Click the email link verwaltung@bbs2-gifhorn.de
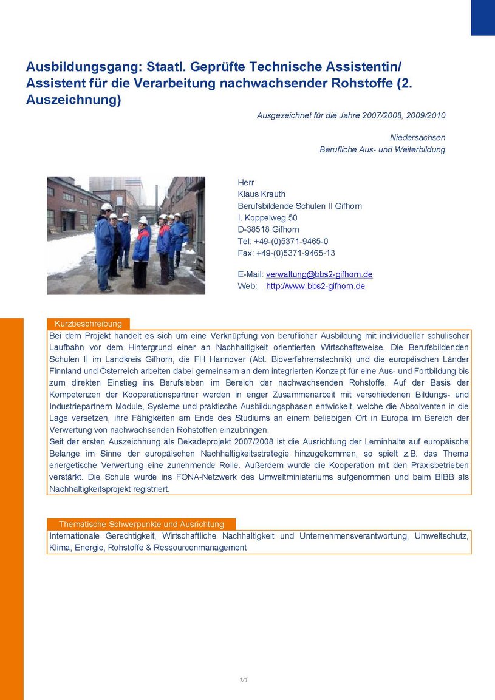pos(319,274)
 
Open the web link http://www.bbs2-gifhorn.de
pos(315,286)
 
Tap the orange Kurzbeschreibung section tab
pos(89,324)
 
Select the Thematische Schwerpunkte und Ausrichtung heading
pos(141,524)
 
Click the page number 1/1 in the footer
pos(244,679)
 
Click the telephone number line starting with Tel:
pos(283,241)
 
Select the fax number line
pos(286,253)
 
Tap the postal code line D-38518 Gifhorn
pos(268,229)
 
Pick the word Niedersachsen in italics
pos(417,138)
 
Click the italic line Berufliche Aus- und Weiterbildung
pos(382,149)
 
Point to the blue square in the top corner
pos(483,17)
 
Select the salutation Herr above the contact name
pos(246,183)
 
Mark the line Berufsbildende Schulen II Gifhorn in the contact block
pos(299,206)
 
